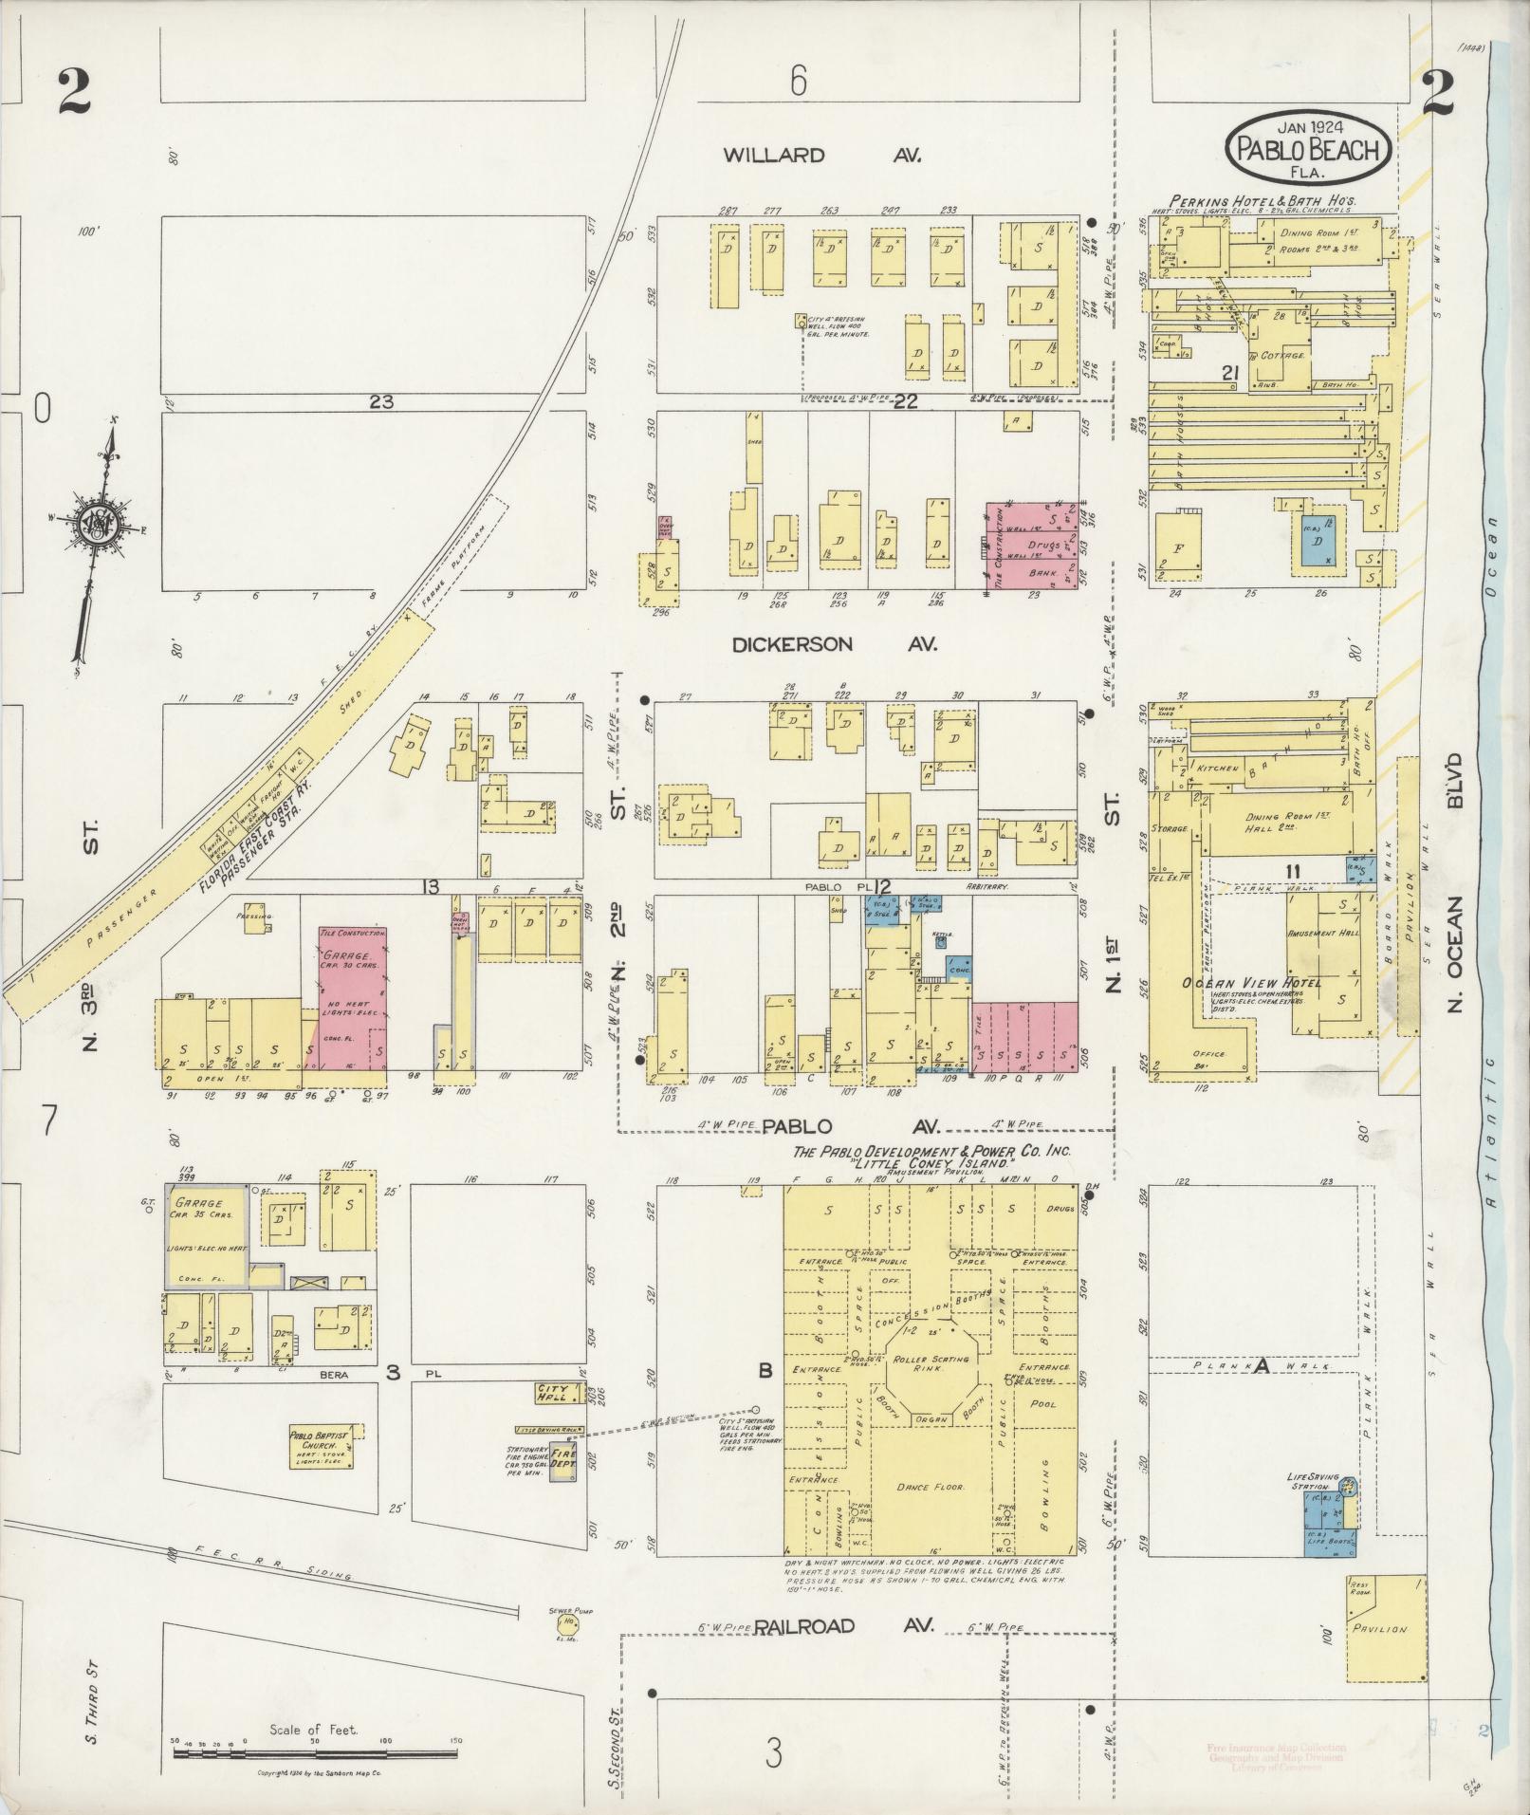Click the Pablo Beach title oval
pyautogui.click(x=1309, y=147)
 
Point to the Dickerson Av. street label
pyautogui.click(x=834, y=644)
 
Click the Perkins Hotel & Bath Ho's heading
pyautogui.click(x=1262, y=201)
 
